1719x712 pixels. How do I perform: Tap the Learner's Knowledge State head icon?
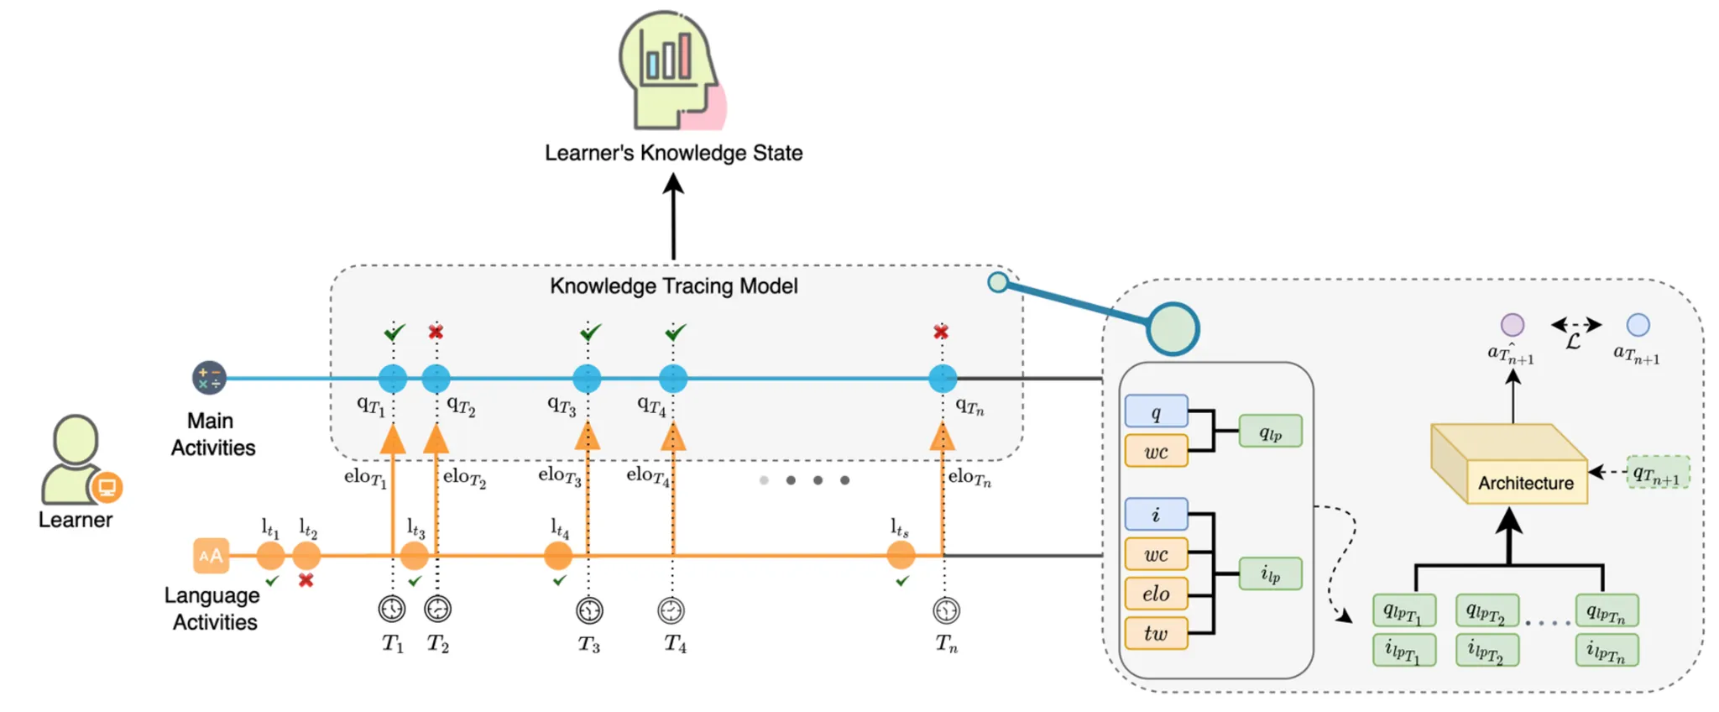click(671, 71)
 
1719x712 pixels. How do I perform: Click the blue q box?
click(1156, 411)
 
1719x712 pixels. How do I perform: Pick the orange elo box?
click(1156, 594)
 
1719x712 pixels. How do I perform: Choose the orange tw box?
click(1156, 633)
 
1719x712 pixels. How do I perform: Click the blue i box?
click(1156, 514)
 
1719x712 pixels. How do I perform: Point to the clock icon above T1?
click(392, 609)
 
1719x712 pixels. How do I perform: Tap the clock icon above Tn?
click(946, 610)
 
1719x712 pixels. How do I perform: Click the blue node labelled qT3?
click(587, 379)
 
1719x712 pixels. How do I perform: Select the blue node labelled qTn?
click(943, 379)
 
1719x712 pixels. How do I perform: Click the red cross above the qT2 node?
click(436, 332)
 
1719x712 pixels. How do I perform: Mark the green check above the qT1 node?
click(394, 332)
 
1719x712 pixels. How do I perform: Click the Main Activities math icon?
click(209, 378)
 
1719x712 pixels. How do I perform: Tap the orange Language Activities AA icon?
click(211, 555)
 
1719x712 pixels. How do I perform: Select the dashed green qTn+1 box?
click(1658, 472)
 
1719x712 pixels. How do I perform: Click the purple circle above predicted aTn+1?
click(1512, 325)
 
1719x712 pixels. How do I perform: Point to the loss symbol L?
click(1573, 340)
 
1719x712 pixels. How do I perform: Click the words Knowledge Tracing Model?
click(673, 286)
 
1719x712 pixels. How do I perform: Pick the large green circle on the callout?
click(1173, 329)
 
